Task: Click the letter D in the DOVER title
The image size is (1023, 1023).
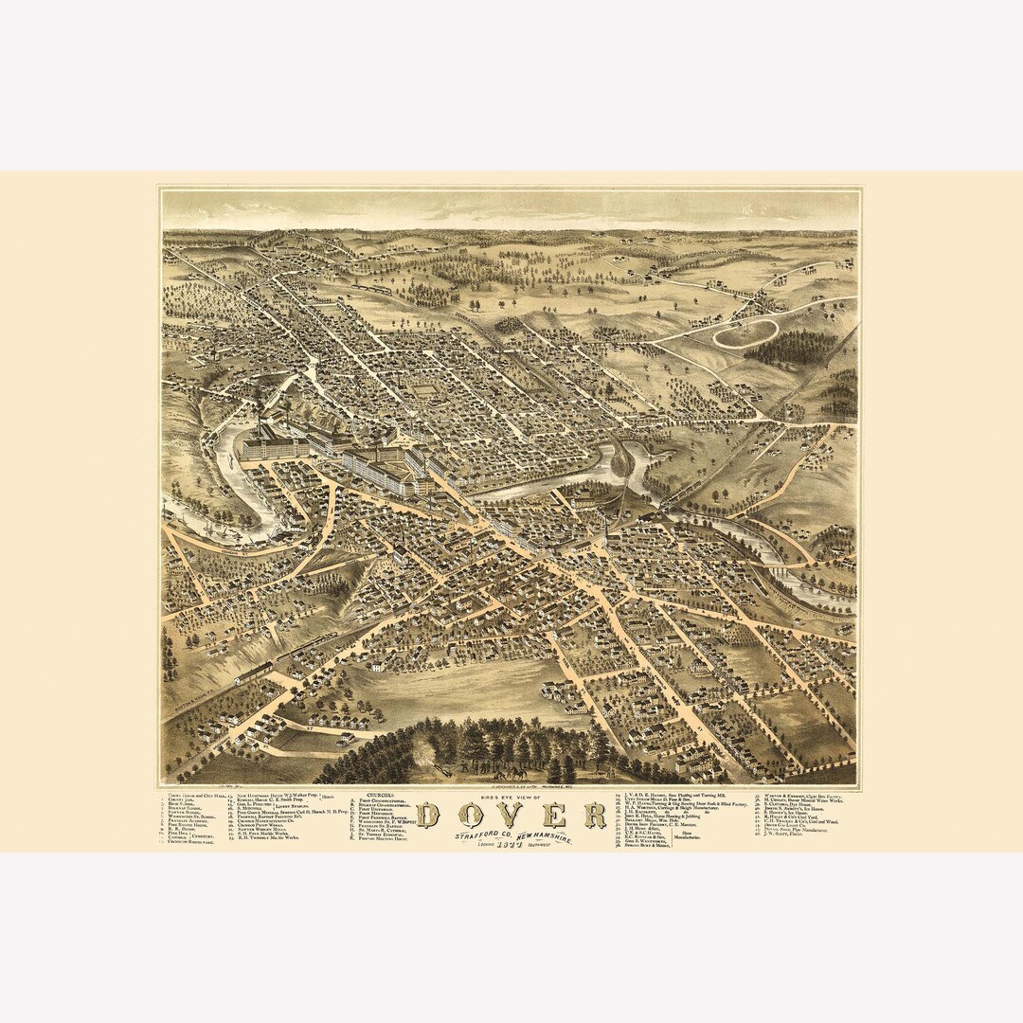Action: click(429, 816)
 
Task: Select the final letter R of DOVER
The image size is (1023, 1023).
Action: click(595, 815)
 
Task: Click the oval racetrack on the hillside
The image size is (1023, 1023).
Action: click(745, 332)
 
